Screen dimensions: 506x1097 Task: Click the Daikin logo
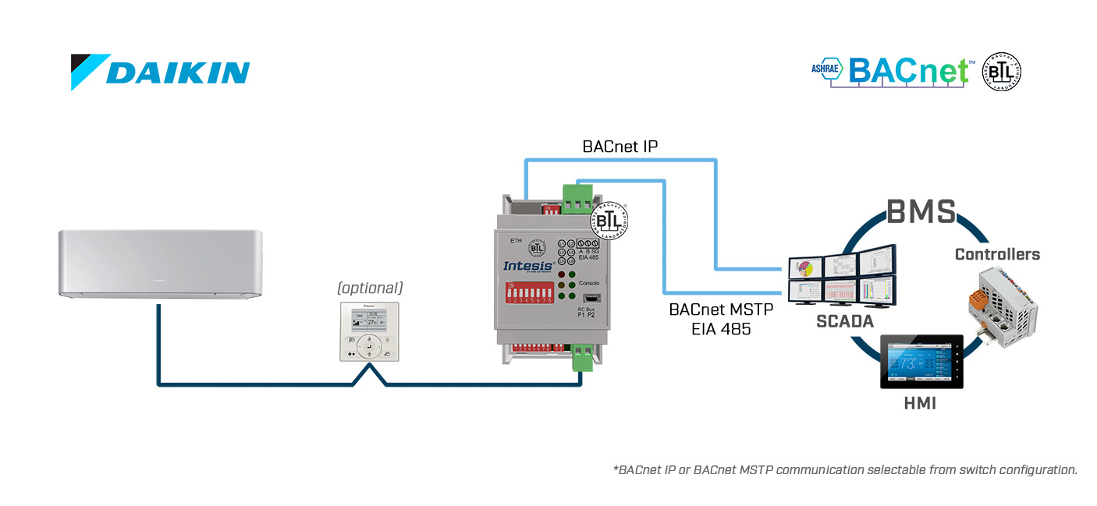point(160,72)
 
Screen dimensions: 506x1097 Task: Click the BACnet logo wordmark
point(908,71)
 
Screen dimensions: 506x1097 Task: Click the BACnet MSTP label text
point(721,310)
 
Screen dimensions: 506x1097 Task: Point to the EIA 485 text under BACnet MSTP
point(721,329)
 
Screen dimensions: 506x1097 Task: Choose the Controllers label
point(997,254)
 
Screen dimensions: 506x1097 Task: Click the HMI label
point(921,404)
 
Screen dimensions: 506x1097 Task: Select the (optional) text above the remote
point(370,288)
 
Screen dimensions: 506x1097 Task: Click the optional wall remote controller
point(369,331)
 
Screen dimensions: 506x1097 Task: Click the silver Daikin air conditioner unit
point(160,264)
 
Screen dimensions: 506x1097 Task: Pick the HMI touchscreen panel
point(921,362)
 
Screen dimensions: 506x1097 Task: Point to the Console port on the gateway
point(590,297)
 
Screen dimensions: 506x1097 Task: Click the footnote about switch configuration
point(845,469)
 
